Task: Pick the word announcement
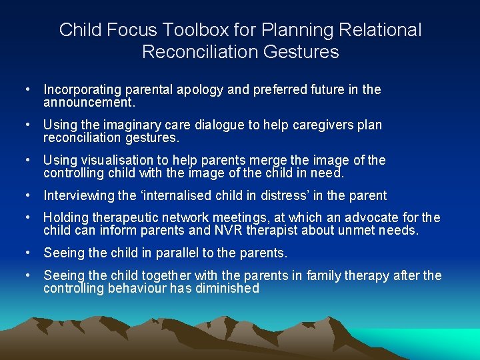pos(89,103)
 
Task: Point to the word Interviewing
pos(79,195)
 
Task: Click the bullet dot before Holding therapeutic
pos(28,217)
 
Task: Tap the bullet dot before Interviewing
pos(28,195)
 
